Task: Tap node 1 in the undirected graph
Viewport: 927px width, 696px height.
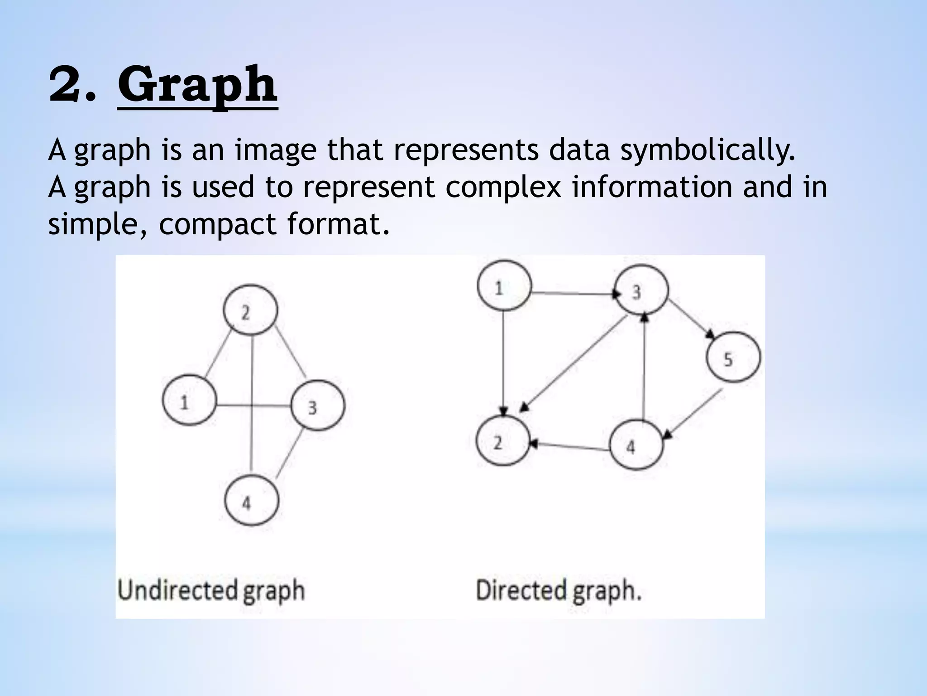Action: click(189, 400)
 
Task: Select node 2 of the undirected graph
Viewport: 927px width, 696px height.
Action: click(250, 310)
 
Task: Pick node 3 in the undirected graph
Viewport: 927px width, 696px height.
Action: click(317, 406)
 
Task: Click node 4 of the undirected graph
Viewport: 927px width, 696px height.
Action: click(252, 500)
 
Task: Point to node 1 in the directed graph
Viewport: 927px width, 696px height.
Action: click(504, 286)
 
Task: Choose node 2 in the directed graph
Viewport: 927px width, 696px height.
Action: click(503, 440)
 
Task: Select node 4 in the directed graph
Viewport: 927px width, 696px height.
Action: click(636, 445)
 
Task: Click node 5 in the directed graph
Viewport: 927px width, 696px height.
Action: click(733, 358)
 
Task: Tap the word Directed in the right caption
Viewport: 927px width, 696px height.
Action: click(521, 591)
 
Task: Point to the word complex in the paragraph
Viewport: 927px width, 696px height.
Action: click(503, 187)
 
